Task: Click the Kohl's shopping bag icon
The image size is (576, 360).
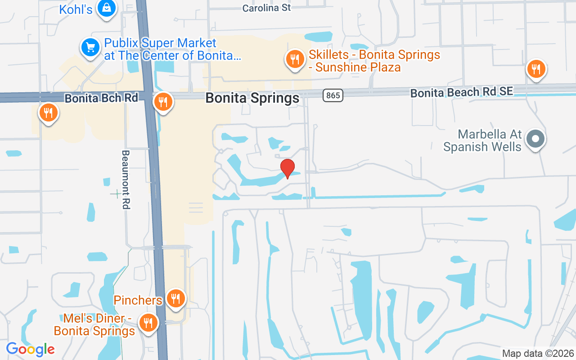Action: tap(107, 8)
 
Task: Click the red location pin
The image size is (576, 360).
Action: tap(288, 168)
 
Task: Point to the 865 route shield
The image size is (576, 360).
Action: tap(333, 95)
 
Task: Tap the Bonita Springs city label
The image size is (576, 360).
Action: tap(252, 98)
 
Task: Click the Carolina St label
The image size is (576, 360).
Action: tap(266, 8)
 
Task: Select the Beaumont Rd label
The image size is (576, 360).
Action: tap(126, 180)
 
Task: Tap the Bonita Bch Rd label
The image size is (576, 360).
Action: tap(101, 98)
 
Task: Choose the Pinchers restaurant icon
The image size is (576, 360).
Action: tap(175, 298)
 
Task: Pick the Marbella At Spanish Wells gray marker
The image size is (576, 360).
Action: tap(535, 139)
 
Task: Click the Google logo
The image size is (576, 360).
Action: tap(30, 349)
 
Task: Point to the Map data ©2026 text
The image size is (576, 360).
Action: tap(538, 353)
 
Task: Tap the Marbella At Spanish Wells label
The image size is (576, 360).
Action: tap(482, 140)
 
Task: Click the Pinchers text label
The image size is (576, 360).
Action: tap(138, 300)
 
